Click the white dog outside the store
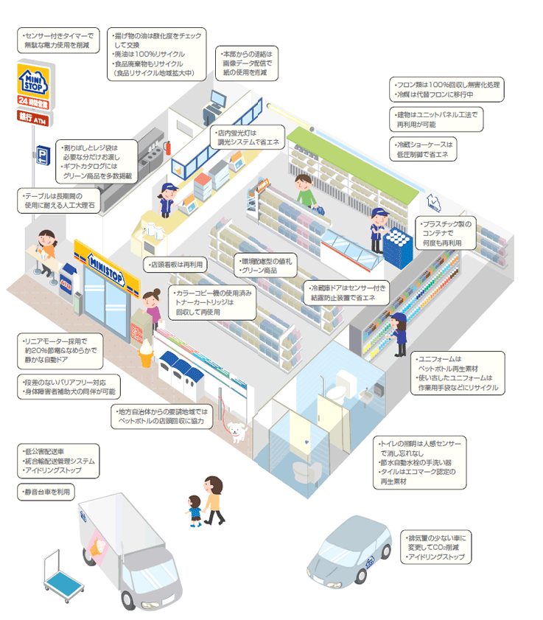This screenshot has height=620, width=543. click(x=235, y=430)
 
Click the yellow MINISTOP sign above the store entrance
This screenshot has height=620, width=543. click(x=107, y=261)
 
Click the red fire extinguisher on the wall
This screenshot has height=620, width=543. click(x=169, y=148)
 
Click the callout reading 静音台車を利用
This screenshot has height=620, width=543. click(x=46, y=490)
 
